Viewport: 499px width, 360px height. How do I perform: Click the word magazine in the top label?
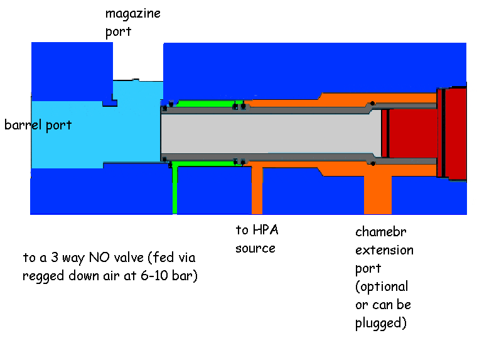coord(132,13)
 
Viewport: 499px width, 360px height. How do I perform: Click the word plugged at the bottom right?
coord(380,324)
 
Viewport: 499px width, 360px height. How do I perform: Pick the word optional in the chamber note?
coord(382,286)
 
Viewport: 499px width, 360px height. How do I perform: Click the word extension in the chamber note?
coord(384,250)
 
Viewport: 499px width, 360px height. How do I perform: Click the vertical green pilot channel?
coord(175,188)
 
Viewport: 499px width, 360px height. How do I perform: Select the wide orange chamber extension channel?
coord(377,194)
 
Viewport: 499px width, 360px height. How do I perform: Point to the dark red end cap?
coord(455,132)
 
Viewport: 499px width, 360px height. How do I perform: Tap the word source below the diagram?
coord(255,248)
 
